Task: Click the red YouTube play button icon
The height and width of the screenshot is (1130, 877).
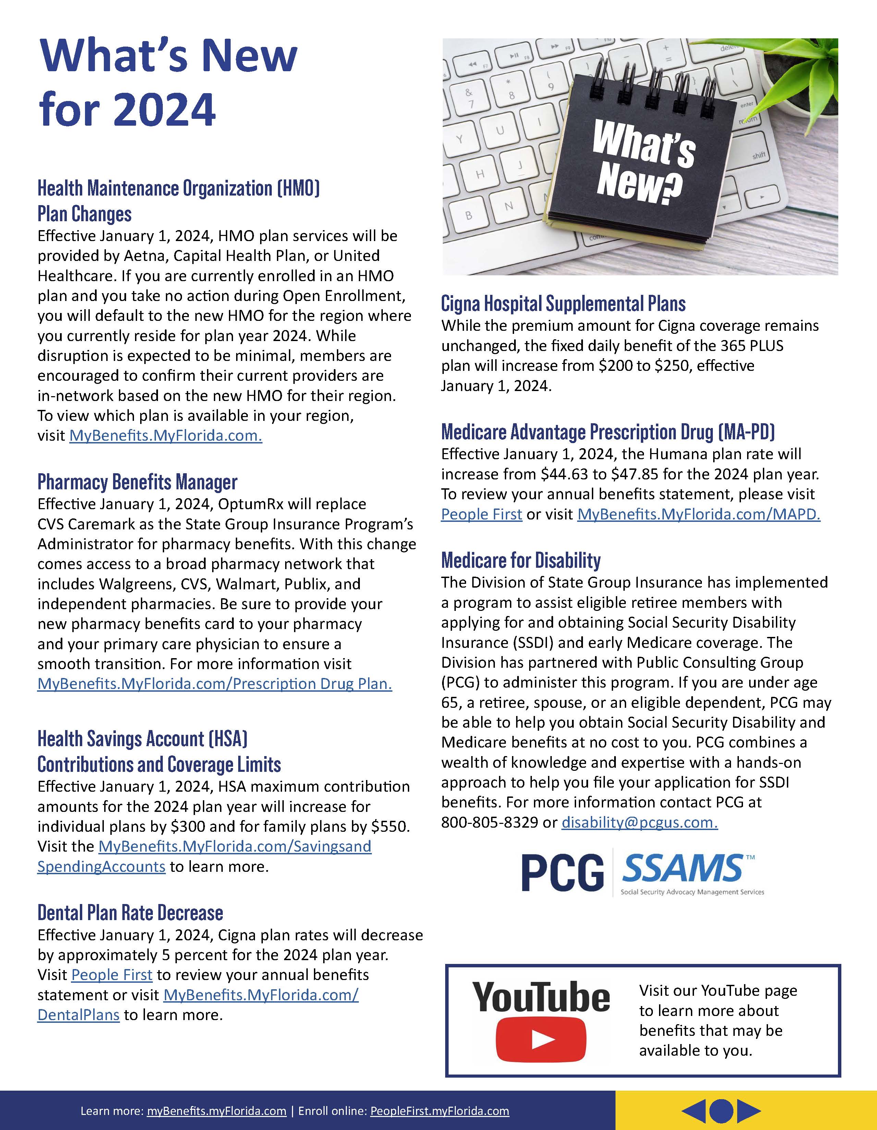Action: tap(540, 1040)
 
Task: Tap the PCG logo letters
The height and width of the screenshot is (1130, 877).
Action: tap(562, 873)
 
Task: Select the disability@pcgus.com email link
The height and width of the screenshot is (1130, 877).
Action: tap(640, 823)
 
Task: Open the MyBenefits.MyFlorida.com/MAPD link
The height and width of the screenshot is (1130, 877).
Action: tap(698, 514)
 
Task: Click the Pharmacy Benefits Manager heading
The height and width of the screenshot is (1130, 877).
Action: tap(137, 482)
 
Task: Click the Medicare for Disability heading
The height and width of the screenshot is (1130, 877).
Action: tap(521, 560)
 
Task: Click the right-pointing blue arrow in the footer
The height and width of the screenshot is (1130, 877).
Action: tap(748, 1110)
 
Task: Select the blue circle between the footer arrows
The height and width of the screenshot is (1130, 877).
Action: tap(721, 1110)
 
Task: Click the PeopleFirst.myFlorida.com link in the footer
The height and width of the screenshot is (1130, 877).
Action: tap(440, 1111)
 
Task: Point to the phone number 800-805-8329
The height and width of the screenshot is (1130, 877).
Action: tap(489, 823)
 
